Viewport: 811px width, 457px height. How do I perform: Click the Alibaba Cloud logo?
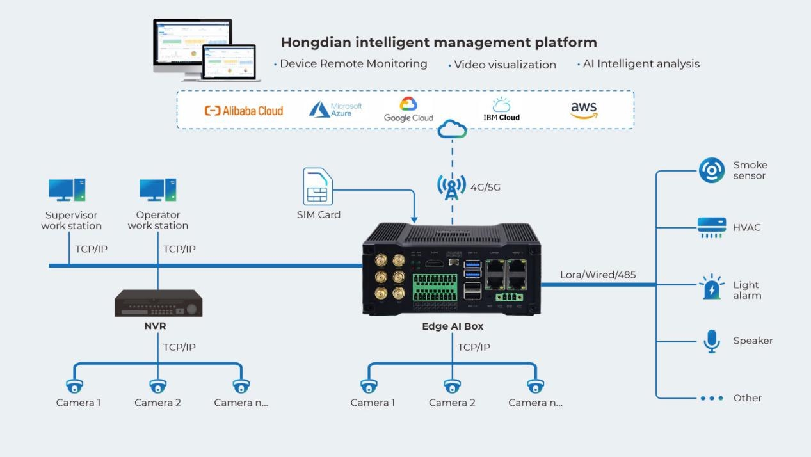click(243, 110)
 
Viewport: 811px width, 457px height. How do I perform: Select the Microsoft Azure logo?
click(335, 109)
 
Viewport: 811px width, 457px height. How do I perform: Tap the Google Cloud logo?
click(408, 109)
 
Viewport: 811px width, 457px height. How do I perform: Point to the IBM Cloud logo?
click(501, 109)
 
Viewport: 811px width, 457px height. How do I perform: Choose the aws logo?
click(583, 109)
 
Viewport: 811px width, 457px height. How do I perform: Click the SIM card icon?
click(318, 187)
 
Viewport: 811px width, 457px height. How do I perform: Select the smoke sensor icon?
click(711, 170)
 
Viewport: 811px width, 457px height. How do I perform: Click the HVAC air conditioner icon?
click(711, 227)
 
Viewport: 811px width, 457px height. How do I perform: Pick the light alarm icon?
click(711, 288)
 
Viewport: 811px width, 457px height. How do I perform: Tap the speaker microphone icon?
click(711, 341)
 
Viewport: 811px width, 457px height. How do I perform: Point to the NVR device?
click(159, 303)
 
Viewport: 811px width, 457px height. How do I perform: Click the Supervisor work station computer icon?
click(67, 190)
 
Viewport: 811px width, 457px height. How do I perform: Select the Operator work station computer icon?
click(157, 190)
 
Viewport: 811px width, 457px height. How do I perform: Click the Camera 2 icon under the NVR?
click(157, 385)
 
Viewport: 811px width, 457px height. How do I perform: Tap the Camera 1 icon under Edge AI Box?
click(369, 385)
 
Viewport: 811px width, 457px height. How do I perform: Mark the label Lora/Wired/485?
click(598, 275)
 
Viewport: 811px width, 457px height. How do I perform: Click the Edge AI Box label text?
click(453, 326)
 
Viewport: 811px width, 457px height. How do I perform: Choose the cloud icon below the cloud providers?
click(452, 131)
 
